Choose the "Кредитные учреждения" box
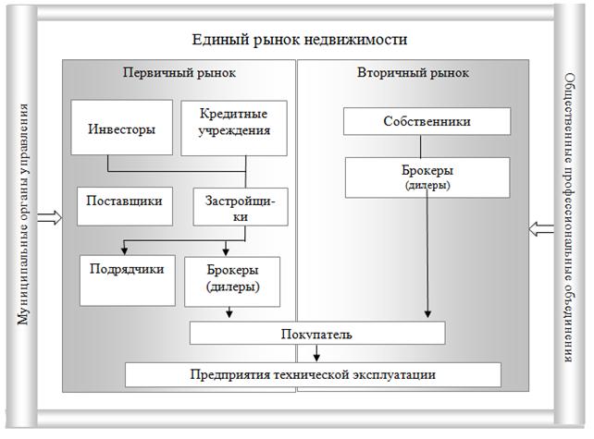pyautogui.click(x=234, y=122)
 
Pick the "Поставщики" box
pyautogui.click(x=124, y=201)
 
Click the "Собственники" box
pyautogui.click(x=427, y=121)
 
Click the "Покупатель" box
pyautogui.click(x=317, y=333)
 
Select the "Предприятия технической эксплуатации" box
pyautogui.click(x=313, y=374)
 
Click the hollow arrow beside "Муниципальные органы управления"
pyautogui.click(x=50, y=219)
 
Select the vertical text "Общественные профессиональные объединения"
pyautogui.click(x=571, y=218)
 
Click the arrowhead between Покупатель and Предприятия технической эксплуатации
pyautogui.click(x=317, y=358)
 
